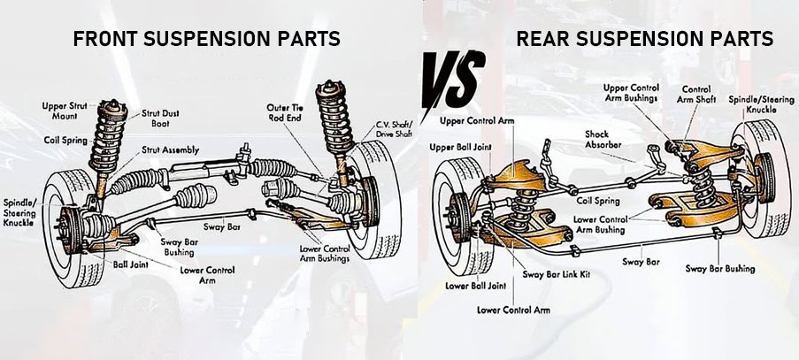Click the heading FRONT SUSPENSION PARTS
[x=207, y=40]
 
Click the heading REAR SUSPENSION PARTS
[x=644, y=40]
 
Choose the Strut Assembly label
[x=170, y=149]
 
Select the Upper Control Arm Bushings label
[x=630, y=93]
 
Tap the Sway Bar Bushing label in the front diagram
[x=183, y=247]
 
